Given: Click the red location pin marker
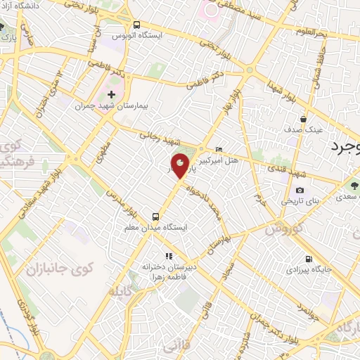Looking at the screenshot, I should tap(181, 165).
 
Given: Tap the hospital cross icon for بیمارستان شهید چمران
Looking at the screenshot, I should tap(111, 94).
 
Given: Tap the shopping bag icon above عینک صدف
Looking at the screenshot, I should tap(303, 118).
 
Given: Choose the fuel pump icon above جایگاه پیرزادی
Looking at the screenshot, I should tap(309, 258).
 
